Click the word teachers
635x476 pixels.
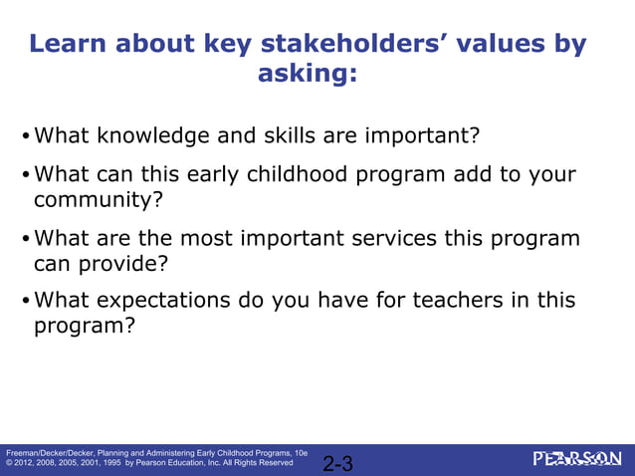(451, 301)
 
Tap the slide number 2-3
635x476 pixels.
(338, 463)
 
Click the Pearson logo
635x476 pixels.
(576, 458)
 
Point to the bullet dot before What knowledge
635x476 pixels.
(26, 136)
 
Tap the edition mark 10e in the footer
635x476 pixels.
(300, 452)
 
